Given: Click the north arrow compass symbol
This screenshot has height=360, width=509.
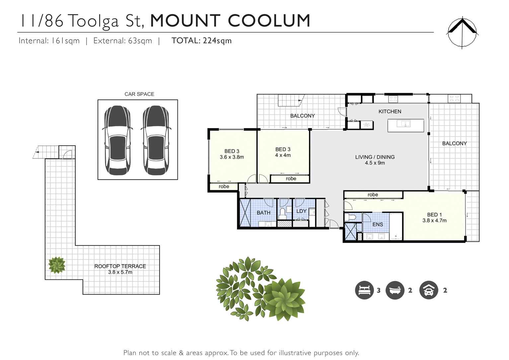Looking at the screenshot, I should click(462, 32).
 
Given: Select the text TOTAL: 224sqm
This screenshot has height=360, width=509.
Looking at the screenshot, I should click(201, 41).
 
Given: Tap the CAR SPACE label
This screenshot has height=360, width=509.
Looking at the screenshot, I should click(139, 94).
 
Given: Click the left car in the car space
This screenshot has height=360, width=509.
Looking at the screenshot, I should click(117, 140).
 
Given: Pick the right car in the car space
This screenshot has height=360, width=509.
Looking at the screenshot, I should click(156, 140).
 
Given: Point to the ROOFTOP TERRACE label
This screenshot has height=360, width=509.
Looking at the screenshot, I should click(120, 266).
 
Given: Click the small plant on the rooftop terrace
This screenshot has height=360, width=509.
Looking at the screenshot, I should click(57, 265).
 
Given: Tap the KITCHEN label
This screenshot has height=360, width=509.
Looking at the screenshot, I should click(390, 112).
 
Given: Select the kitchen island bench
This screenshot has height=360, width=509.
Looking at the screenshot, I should click(406, 125).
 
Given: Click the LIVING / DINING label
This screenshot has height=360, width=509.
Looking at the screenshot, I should click(375, 157).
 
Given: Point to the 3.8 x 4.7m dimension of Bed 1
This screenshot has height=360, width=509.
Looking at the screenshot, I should click(434, 221).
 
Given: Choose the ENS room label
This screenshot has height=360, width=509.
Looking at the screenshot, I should click(378, 225).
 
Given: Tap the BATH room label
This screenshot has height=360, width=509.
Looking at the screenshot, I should click(263, 213).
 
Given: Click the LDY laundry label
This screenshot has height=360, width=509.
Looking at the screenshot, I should click(301, 211).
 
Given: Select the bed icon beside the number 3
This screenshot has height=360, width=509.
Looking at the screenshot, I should click(364, 290).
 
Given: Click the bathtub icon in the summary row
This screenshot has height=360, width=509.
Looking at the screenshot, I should click(395, 290).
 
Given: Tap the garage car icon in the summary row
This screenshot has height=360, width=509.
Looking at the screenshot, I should click(429, 290).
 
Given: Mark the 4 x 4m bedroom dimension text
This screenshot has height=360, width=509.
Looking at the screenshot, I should click(283, 155).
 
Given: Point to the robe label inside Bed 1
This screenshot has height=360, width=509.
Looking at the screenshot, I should click(373, 195).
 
